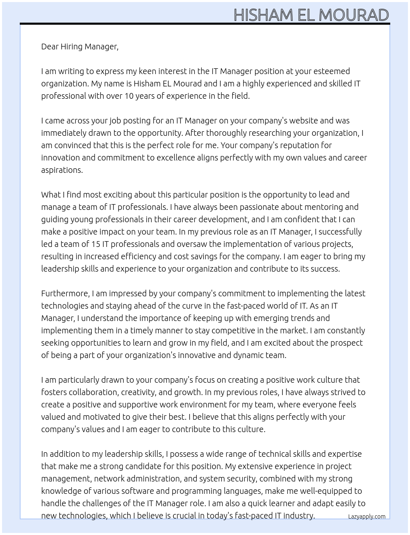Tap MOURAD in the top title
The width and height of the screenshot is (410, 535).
354,15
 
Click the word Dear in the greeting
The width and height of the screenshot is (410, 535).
50,47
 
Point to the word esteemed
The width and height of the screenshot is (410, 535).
331,71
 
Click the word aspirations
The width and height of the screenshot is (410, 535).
62,170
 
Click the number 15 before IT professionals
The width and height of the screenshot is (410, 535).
96,244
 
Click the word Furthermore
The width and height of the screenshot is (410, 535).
65,293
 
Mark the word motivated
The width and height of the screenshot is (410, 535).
96,417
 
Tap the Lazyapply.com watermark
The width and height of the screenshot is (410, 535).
367,516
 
